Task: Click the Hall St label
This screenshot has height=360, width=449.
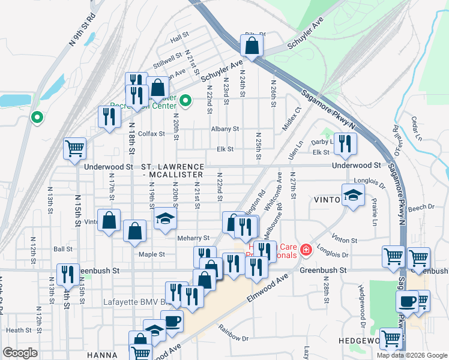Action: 179,39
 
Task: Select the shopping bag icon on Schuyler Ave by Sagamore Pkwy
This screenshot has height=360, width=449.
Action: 252,44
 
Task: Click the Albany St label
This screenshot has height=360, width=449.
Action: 225,129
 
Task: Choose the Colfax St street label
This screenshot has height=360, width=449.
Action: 151,134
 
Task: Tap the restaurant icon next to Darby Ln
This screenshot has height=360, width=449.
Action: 345,143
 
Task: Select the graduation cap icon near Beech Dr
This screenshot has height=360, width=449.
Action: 353,194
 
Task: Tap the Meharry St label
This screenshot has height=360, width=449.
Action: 193,238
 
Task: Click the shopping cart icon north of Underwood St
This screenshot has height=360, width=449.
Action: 75,148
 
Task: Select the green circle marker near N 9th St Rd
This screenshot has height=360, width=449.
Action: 37,118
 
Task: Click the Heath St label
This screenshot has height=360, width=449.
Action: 19,330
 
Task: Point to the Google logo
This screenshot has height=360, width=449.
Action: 20,353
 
